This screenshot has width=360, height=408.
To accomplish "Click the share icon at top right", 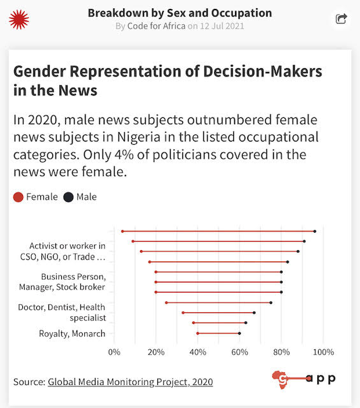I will pos(342,19).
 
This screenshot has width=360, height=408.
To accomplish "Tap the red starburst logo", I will pos(18,19).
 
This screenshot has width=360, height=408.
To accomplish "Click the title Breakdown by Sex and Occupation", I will pos(180,13).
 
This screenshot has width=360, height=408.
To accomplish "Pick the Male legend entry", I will pos(80,197).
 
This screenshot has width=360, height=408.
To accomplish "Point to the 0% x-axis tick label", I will pos(114,351).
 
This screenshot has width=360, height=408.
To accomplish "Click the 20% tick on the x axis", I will pos(156,351).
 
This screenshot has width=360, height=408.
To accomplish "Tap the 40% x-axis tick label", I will pos(198,351).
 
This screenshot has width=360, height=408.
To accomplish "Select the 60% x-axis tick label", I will pos(240,351).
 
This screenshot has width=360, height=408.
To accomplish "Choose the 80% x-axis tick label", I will pos(282,351).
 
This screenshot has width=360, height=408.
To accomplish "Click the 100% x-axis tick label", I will pos(324,351).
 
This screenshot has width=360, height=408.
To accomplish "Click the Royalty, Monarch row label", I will pos(72,333).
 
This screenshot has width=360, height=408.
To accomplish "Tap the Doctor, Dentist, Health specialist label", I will pos(71,312).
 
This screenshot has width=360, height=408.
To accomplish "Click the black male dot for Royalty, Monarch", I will pos(240,333).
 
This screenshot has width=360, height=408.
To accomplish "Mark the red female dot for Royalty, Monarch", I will pos(198,333).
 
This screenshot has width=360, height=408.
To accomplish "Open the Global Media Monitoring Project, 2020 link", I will pos(130,382).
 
